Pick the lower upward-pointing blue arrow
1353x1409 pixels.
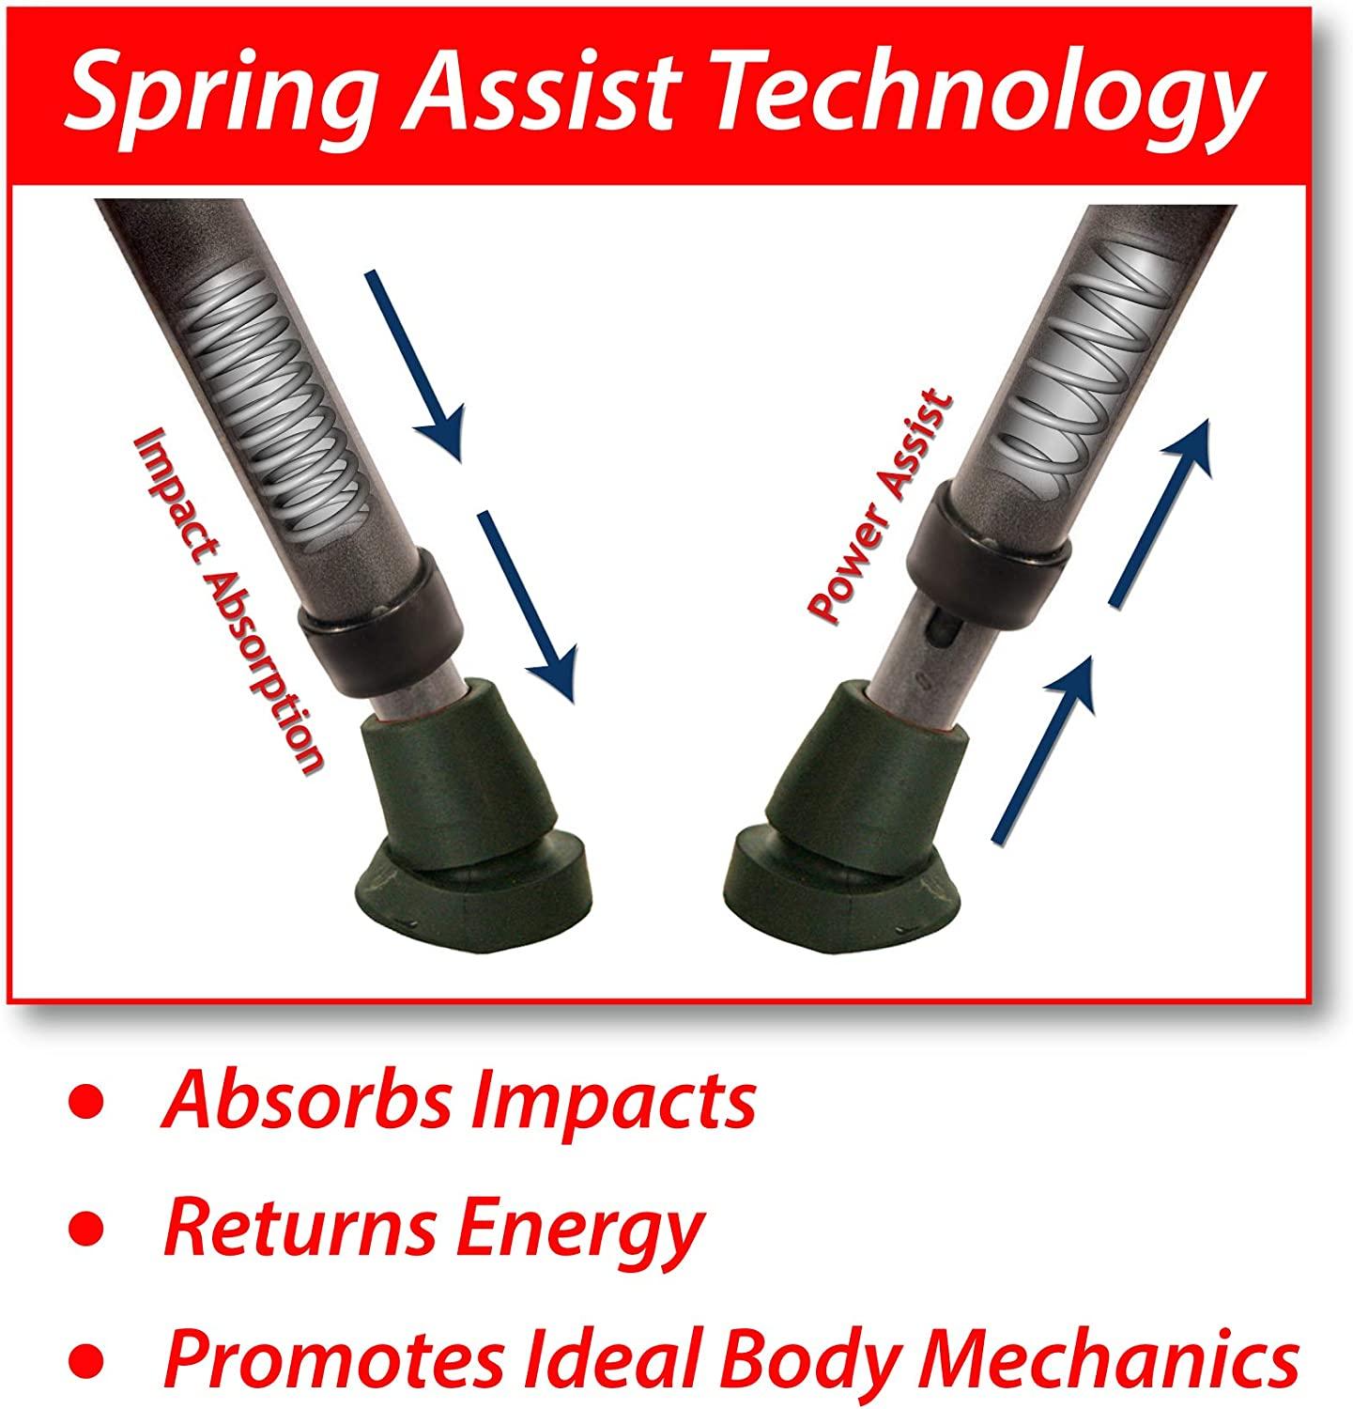[x=1043, y=747]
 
